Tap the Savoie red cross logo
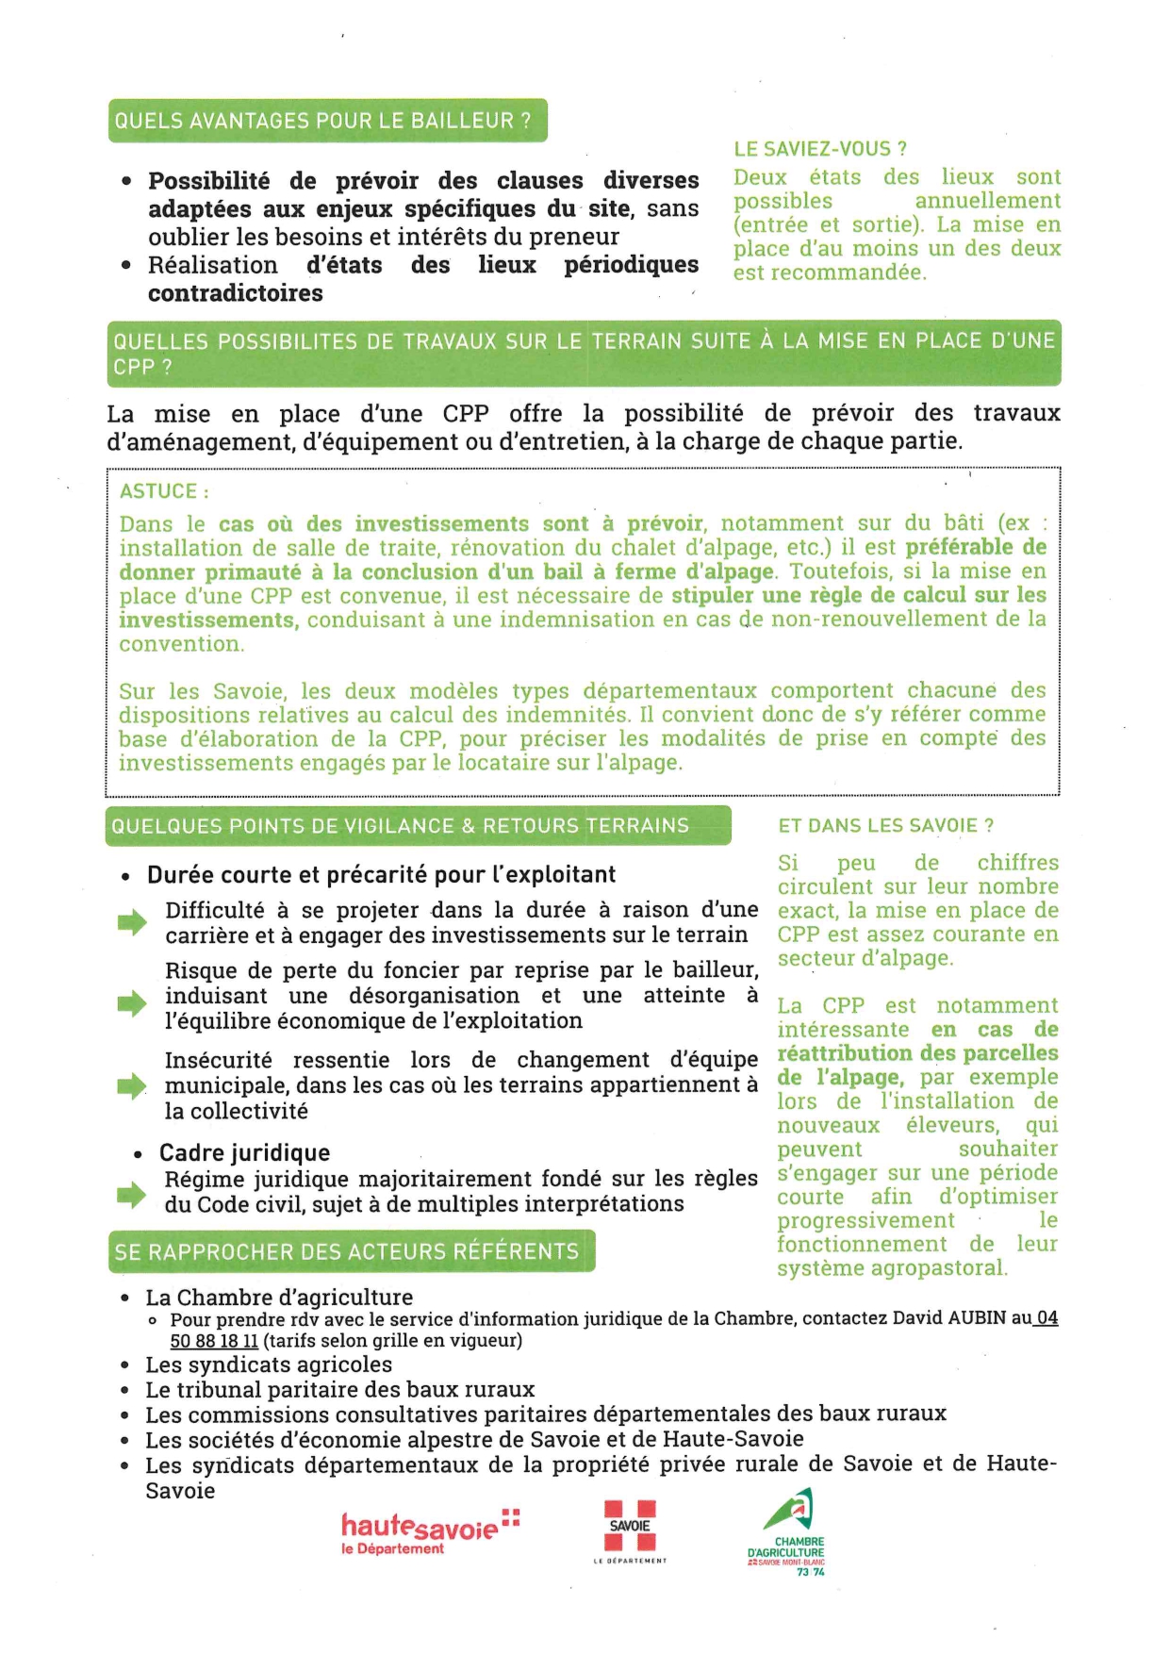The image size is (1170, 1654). click(630, 1525)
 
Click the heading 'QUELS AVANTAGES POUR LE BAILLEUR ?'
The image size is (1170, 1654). click(322, 121)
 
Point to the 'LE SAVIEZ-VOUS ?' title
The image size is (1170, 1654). click(820, 149)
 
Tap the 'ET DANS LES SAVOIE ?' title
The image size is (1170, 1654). click(885, 826)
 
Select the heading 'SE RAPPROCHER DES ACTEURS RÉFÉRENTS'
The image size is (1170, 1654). click(347, 1251)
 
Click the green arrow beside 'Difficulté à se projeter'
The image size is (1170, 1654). click(132, 922)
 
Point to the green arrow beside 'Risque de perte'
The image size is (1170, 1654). click(132, 1004)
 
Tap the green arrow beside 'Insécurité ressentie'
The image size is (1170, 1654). click(132, 1086)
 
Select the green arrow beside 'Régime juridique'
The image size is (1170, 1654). click(132, 1194)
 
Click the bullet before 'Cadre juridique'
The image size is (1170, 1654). click(139, 1154)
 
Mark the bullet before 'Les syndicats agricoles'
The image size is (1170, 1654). click(125, 1365)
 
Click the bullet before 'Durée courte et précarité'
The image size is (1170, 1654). click(125, 877)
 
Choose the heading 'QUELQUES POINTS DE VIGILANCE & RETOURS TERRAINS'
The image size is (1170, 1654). click(401, 826)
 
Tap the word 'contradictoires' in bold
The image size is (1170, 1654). click(235, 293)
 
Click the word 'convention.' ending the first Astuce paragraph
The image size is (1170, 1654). click(181, 644)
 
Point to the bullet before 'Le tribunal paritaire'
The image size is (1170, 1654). click(125, 1391)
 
